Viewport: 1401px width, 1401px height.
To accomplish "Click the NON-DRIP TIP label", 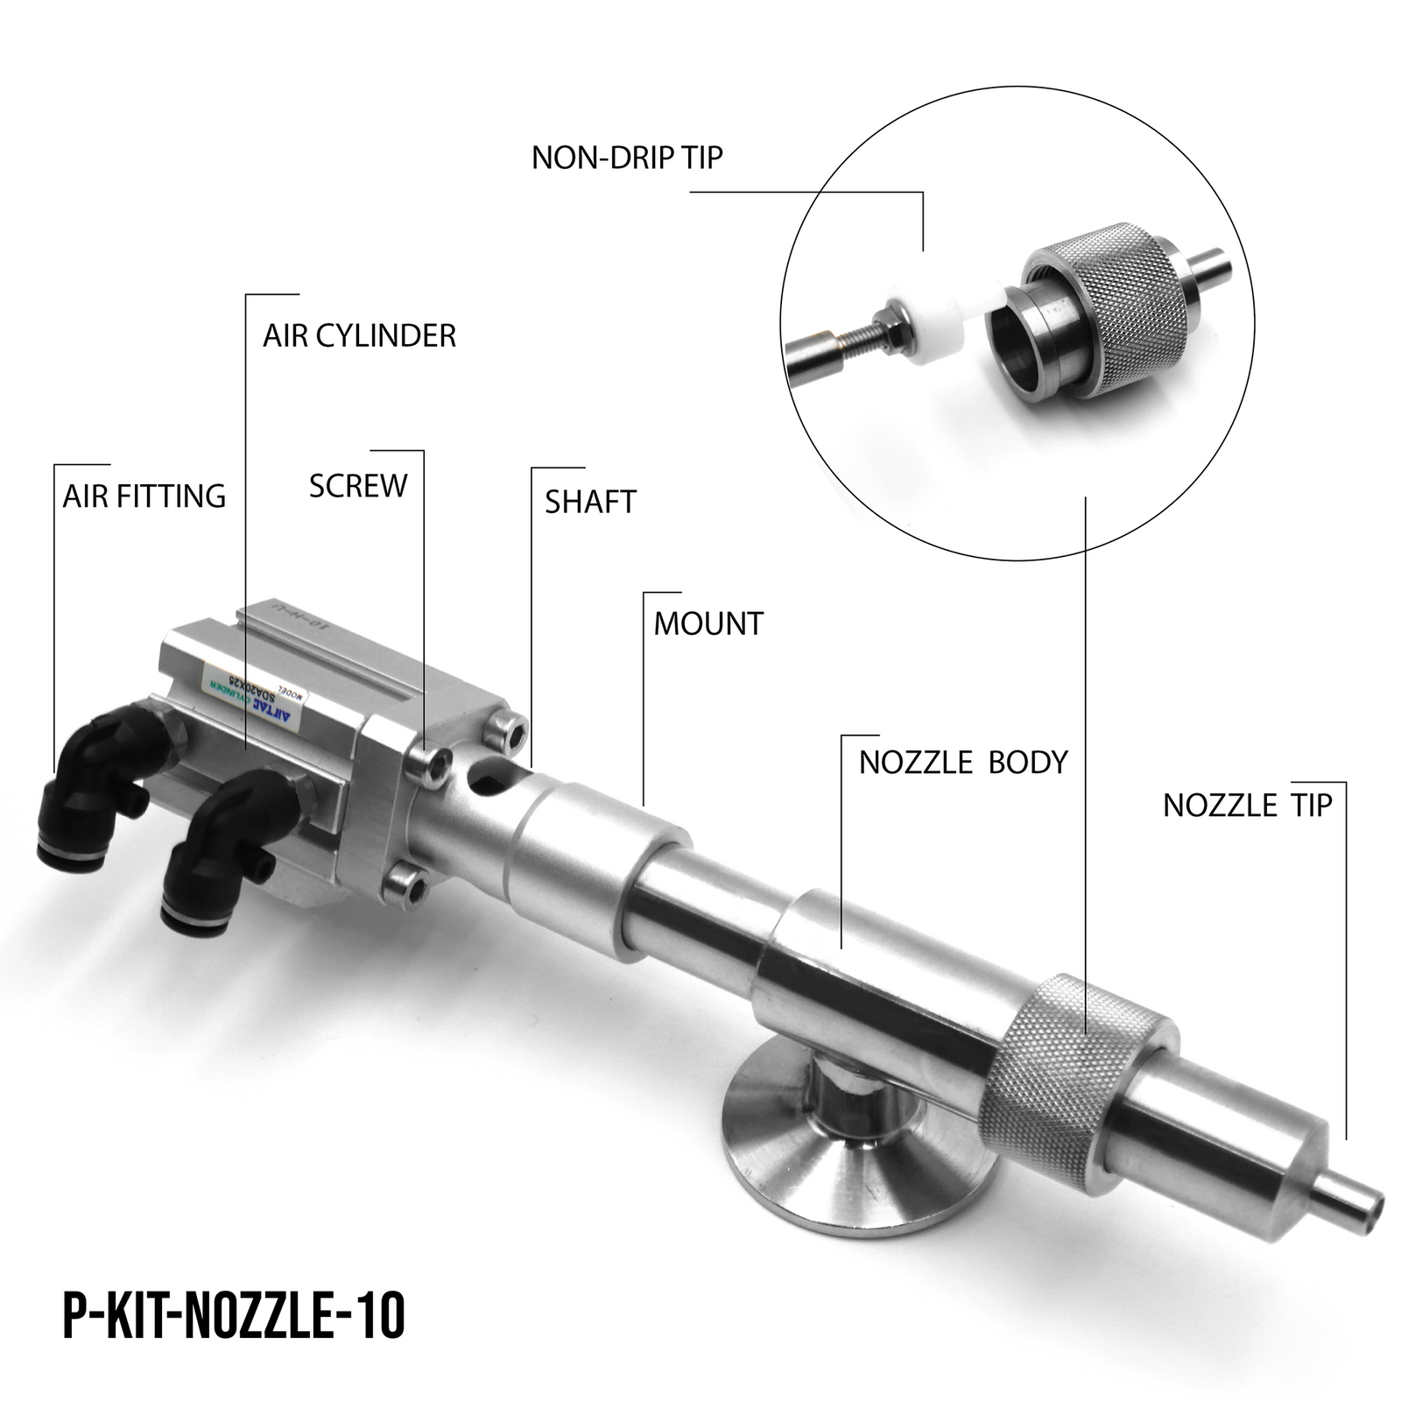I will [627, 158].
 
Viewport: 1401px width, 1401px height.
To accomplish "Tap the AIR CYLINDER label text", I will [359, 335].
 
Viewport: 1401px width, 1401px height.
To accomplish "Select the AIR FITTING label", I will [144, 496].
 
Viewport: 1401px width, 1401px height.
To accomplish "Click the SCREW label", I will [358, 486].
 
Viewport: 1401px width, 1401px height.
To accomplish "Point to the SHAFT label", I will [590, 502].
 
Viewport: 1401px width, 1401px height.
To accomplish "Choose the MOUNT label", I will [708, 623].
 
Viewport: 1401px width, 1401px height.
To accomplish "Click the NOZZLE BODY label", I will [963, 763].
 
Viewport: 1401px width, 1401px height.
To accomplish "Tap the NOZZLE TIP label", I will [1247, 806].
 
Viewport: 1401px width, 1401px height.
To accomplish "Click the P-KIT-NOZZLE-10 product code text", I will [235, 1316].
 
